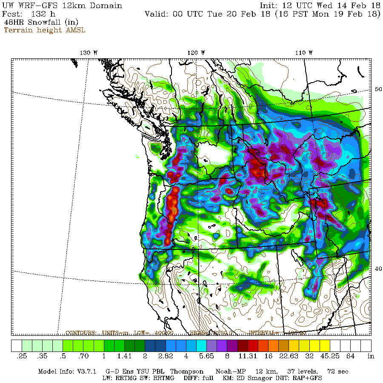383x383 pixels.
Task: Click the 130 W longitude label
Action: pos(89,52)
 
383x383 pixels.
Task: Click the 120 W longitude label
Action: pos(197,52)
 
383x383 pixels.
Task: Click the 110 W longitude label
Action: pos(305,52)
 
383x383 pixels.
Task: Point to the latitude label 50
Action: pos(378,89)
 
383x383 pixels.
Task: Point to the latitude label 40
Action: pos(378,269)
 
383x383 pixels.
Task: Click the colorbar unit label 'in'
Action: pos(371,356)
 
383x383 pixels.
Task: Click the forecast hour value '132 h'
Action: pos(43,14)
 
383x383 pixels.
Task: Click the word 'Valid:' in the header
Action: pos(157,14)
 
